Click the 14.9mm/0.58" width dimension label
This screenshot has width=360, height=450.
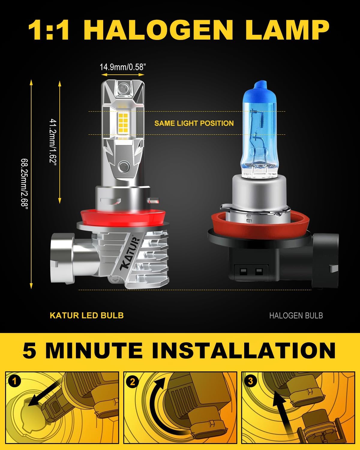tap(123, 67)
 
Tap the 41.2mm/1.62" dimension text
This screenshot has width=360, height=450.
tap(53, 142)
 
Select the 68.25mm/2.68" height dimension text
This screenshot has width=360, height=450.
tap(25, 184)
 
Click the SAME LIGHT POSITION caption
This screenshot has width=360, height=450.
tap(194, 123)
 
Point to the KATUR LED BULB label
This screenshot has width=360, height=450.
tap(87, 315)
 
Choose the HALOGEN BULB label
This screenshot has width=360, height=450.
tap(296, 316)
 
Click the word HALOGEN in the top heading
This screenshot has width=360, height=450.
tap(158, 30)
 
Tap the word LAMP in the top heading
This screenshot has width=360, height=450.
tap(287, 30)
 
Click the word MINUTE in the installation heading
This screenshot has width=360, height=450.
tap(94, 350)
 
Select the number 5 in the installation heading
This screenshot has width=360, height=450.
tap(29, 350)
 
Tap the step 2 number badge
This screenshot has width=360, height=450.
tap(133, 382)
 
